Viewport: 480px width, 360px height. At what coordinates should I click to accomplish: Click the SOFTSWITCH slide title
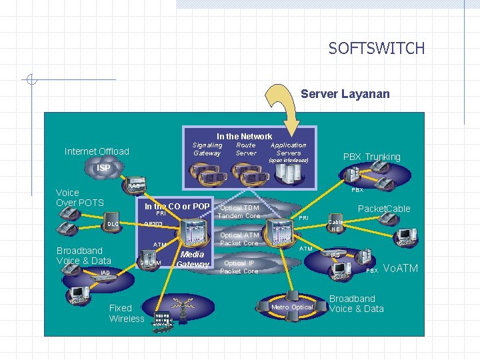tap(376, 49)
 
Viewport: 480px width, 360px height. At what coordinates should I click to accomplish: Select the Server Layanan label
tap(345, 94)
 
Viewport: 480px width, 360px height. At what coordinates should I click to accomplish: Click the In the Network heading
tap(244, 136)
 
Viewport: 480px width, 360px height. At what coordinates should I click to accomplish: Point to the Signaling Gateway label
tap(207, 149)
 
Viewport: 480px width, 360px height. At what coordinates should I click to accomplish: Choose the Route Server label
tap(246, 149)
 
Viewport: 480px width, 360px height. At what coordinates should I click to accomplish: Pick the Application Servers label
tap(288, 149)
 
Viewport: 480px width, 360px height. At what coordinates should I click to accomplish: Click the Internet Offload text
tap(97, 151)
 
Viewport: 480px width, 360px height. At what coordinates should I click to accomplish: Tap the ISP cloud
tap(103, 168)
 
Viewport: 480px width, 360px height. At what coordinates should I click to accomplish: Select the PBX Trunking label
tap(371, 157)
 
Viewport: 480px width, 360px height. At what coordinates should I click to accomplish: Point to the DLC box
tap(113, 225)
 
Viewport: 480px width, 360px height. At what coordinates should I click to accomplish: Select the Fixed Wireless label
tap(126, 313)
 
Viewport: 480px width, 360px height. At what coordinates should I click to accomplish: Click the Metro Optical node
tap(292, 306)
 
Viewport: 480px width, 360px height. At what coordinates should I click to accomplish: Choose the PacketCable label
tap(384, 209)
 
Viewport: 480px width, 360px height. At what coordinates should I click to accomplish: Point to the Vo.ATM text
tap(401, 269)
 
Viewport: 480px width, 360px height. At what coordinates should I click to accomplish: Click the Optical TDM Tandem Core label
tap(240, 211)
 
